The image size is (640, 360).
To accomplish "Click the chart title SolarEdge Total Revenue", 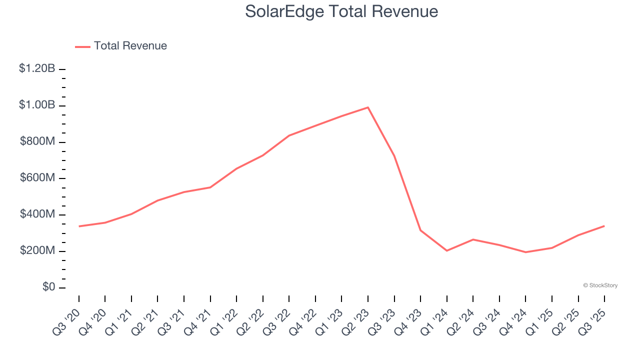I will click(341, 11).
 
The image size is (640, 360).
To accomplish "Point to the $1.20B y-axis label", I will click(37, 69).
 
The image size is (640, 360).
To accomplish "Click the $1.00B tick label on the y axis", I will click(37, 105).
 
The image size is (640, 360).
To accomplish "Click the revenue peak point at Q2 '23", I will click(368, 107).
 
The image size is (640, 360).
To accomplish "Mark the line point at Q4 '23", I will click(420, 230).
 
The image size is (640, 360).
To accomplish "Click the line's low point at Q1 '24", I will click(446, 250).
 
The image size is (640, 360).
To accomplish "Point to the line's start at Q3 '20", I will click(79, 226).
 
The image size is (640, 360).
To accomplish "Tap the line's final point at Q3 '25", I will click(604, 226).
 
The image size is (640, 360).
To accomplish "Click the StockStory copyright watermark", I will click(600, 285).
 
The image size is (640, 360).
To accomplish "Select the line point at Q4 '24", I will click(525, 252).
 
